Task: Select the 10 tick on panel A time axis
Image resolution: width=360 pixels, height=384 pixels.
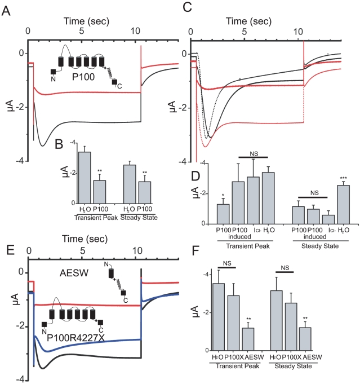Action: [x=140, y=31]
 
